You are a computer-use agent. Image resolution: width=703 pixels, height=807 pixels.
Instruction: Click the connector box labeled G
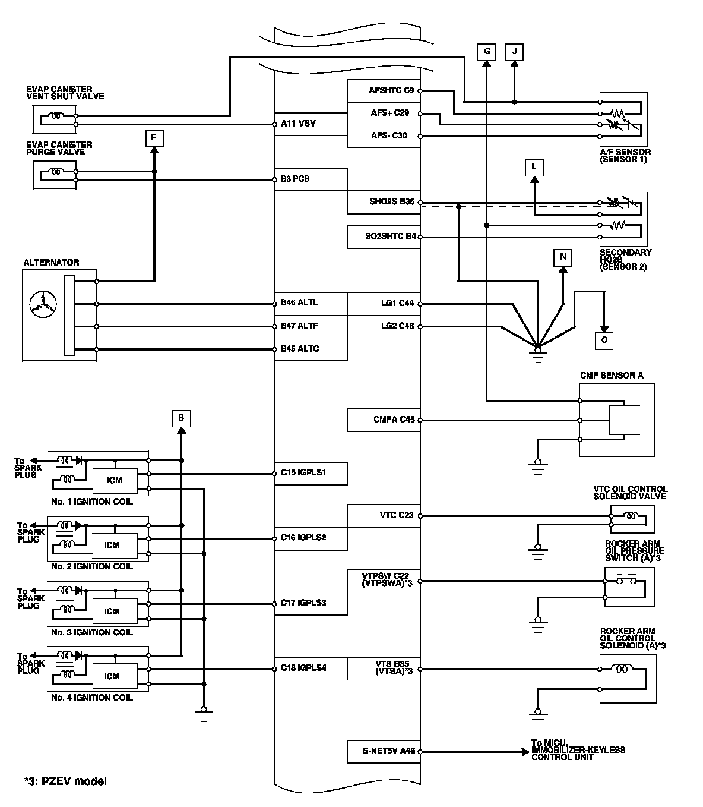click(x=487, y=52)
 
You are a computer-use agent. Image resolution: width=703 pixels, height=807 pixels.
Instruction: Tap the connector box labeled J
click(x=514, y=52)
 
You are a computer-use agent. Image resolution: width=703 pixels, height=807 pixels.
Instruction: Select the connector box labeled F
click(x=154, y=138)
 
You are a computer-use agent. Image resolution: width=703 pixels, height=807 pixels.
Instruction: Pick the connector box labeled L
click(x=534, y=168)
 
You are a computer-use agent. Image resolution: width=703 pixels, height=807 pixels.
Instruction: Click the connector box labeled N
click(x=563, y=257)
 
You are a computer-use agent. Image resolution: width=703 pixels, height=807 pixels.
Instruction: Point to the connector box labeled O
click(x=604, y=340)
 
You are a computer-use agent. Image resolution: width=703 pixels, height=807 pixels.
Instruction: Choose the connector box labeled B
click(x=181, y=418)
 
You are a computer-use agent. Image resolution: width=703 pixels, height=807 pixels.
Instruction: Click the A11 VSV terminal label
click(x=299, y=124)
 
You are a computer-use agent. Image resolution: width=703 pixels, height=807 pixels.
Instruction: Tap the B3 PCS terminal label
click(x=296, y=179)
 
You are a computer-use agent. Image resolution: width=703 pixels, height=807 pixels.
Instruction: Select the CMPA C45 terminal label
click(x=394, y=420)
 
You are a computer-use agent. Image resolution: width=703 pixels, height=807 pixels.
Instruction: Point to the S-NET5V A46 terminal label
click(x=389, y=751)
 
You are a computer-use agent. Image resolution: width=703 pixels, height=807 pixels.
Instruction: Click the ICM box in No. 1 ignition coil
click(x=112, y=480)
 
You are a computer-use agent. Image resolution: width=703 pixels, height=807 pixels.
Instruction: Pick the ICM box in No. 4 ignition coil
click(x=112, y=676)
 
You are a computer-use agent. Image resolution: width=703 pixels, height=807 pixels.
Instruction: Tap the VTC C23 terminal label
click(x=397, y=515)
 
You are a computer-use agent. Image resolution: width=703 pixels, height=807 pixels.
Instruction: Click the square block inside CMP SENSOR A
click(x=623, y=420)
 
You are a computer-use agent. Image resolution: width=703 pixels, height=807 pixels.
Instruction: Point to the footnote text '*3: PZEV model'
click(x=65, y=781)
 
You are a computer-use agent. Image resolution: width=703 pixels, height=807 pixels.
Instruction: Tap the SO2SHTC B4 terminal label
click(x=391, y=237)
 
